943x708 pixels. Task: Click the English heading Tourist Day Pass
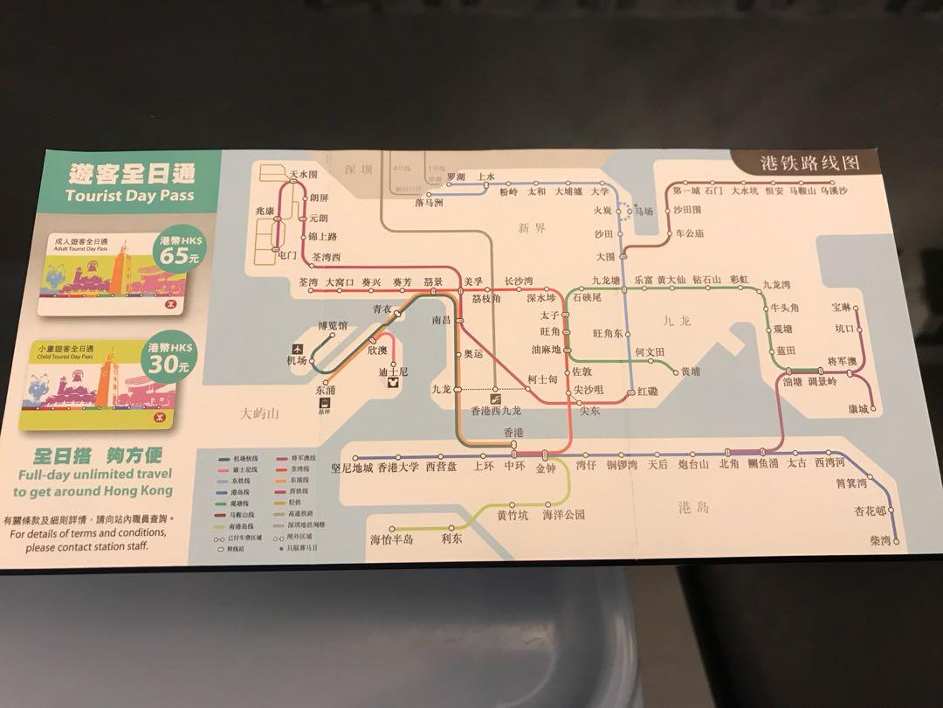tap(129, 195)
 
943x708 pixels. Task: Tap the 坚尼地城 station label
tap(352, 467)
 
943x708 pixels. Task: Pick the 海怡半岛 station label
tap(391, 540)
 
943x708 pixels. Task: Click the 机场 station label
tap(297, 360)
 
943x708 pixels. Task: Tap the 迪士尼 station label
tap(393, 371)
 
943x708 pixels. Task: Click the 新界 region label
tap(531, 228)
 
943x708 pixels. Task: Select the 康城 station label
tap(857, 409)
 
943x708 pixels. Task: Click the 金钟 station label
tap(546, 468)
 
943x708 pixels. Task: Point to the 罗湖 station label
tap(456, 177)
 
